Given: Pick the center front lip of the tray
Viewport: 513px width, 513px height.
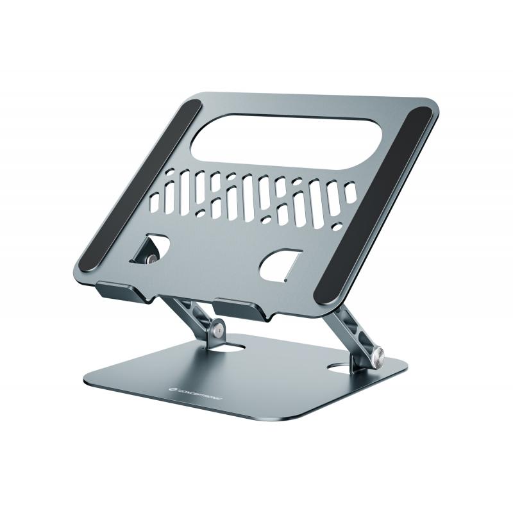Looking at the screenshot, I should click(x=241, y=310).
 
